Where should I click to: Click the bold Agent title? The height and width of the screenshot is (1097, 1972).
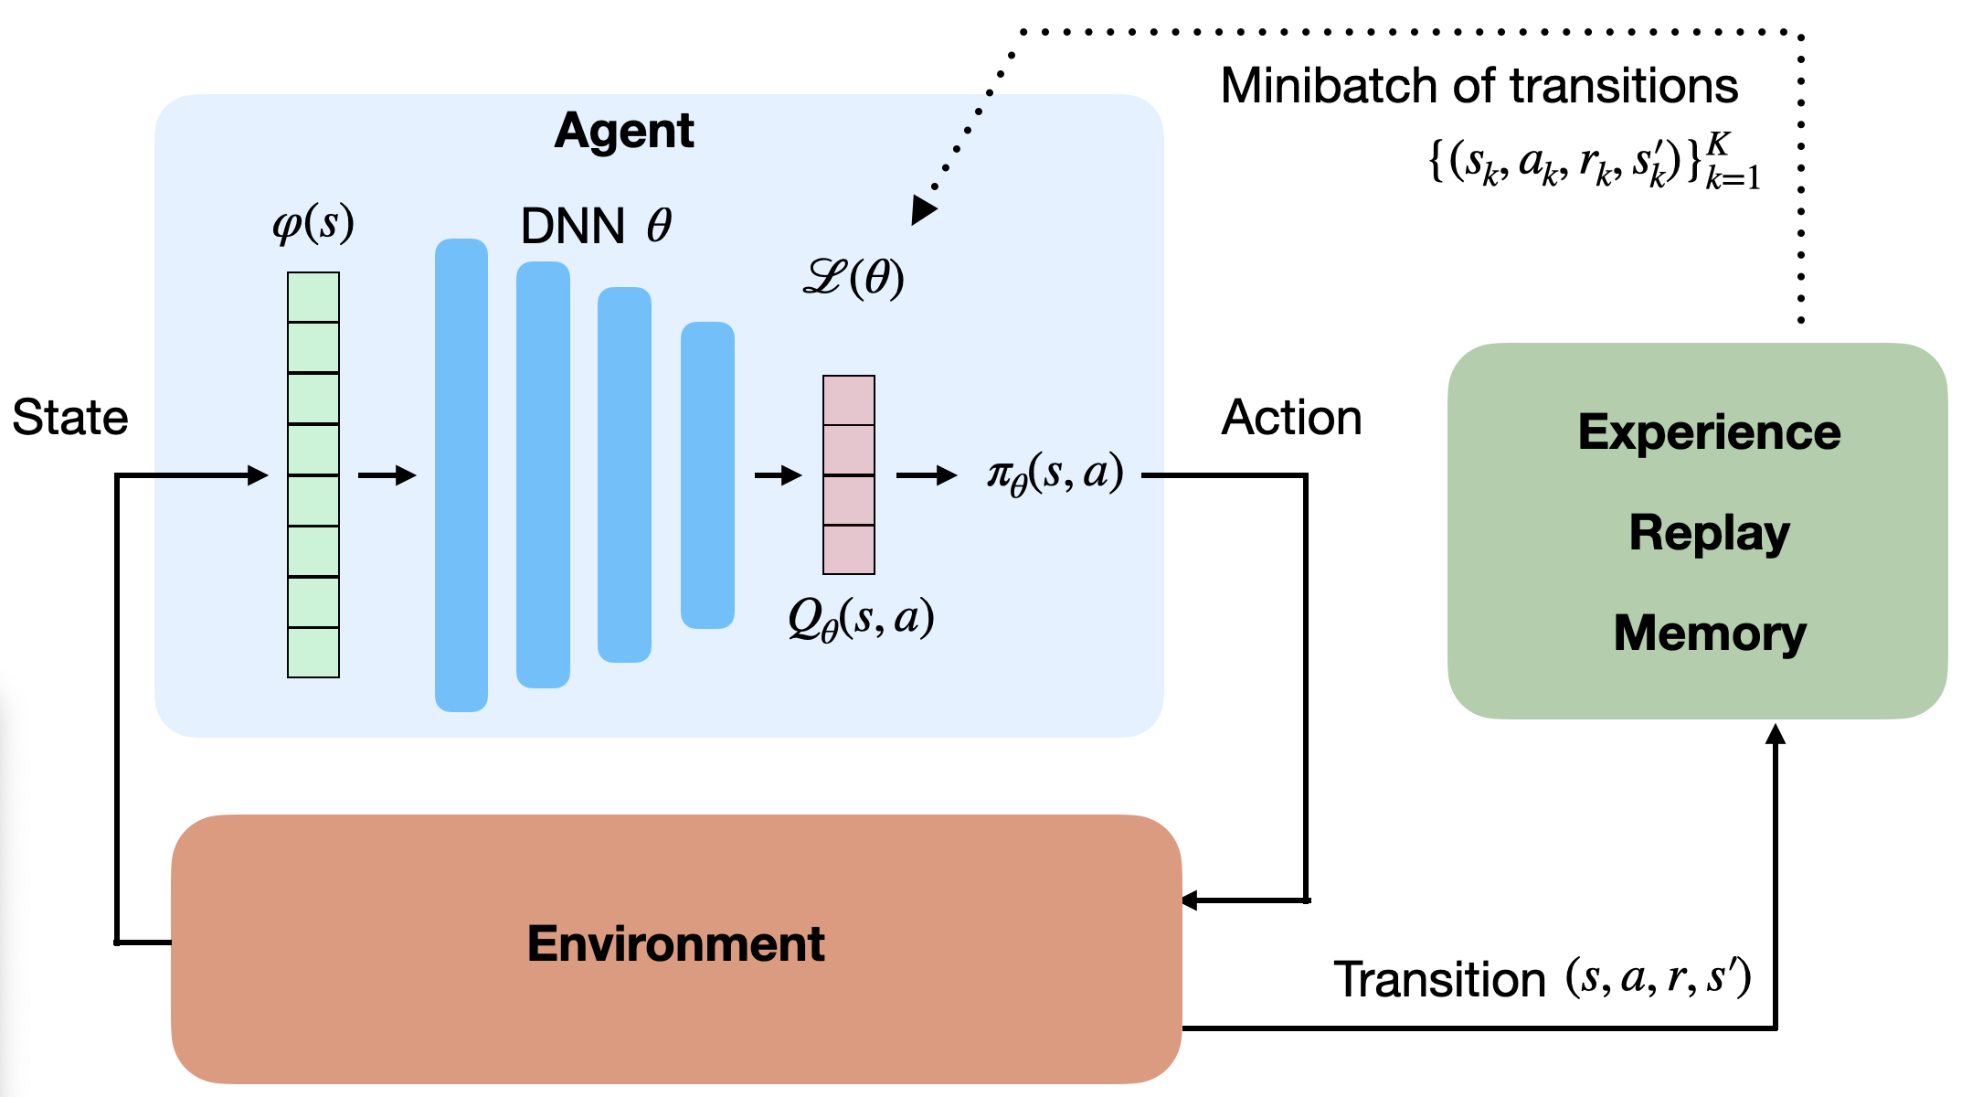point(624,131)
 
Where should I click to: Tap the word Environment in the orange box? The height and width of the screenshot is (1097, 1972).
point(675,944)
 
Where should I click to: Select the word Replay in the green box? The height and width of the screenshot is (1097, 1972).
point(1709,533)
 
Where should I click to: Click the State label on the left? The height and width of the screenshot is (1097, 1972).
point(70,418)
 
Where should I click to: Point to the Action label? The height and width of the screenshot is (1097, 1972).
point(1291,418)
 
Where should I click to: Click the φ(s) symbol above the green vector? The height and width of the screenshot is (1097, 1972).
point(313,223)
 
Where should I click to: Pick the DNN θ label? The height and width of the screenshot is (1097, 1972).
point(596,226)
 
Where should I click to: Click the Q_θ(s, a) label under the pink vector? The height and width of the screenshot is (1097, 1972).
point(861,619)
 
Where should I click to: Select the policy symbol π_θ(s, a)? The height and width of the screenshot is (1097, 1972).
point(1055,474)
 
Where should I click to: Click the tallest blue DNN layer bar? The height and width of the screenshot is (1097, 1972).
point(461,474)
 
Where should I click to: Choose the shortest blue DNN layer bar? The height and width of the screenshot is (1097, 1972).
point(707,474)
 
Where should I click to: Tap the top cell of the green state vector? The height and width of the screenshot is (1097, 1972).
point(313,297)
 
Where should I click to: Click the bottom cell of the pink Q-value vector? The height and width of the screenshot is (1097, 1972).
point(849,549)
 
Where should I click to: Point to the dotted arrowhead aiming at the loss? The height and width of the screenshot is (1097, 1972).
point(923,210)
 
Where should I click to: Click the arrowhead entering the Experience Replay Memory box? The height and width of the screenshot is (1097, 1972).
point(1776,733)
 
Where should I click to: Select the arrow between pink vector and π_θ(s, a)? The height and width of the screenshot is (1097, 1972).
point(926,475)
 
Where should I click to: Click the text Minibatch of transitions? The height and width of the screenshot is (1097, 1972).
point(1479,86)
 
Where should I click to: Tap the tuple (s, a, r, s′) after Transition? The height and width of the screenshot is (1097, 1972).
point(1658,978)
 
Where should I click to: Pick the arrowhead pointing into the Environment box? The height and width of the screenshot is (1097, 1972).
point(1190,900)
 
